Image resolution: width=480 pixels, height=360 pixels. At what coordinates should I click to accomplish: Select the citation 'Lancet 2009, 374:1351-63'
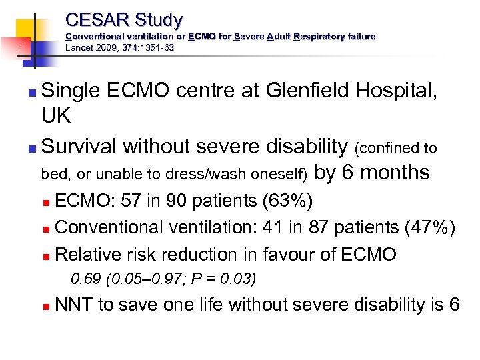point(120,47)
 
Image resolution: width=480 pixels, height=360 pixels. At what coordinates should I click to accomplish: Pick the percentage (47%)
point(431,227)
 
